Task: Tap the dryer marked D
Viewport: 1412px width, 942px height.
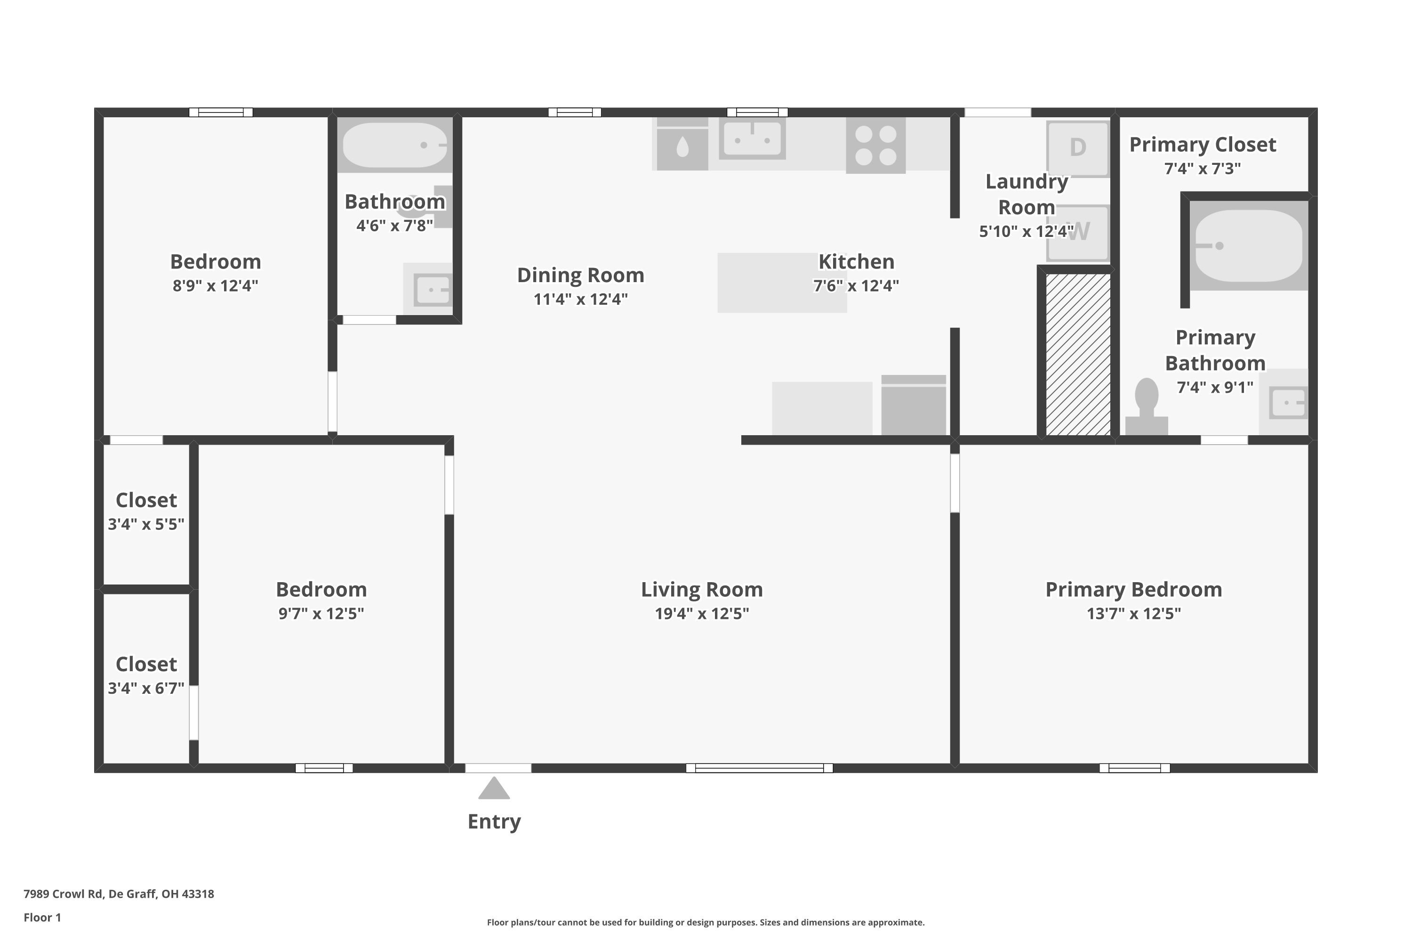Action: coord(1078,148)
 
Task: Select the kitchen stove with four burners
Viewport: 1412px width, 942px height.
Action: coord(875,146)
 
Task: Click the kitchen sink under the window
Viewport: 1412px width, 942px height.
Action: coord(752,139)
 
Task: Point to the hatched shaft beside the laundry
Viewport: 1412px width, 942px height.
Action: coord(1078,355)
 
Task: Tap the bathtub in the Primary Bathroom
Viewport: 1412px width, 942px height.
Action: coord(1248,245)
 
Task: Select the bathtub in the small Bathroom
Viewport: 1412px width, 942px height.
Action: coord(394,145)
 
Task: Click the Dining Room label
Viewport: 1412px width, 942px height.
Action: coord(580,275)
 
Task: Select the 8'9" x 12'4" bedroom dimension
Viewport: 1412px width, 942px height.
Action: coord(215,286)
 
